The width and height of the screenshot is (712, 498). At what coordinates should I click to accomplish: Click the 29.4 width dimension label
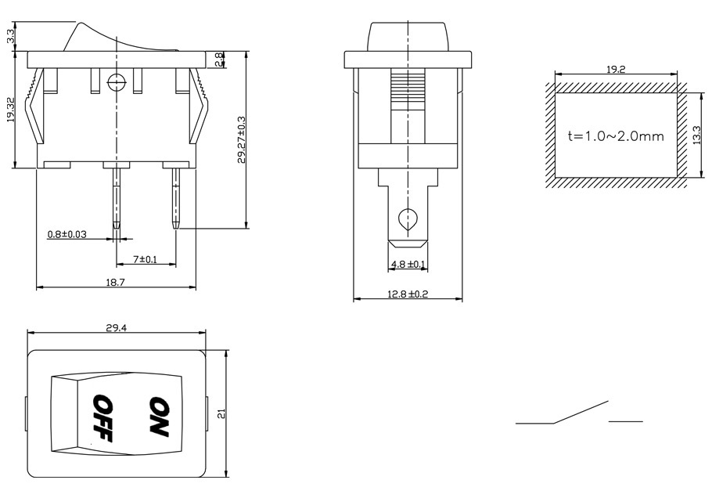[x=116, y=328]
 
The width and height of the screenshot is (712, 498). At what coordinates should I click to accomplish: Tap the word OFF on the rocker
[x=102, y=418]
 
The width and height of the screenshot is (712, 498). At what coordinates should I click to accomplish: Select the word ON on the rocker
[x=159, y=416]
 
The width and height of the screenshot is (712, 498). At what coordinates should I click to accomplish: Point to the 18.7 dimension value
[x=115, y=282]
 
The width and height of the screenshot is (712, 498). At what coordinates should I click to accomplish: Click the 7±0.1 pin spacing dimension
[x=146, y=258]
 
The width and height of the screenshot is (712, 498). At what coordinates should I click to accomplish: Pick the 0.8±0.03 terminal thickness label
[x=67, y=234]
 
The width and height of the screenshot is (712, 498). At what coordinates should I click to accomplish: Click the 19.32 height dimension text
[x=10, y=110]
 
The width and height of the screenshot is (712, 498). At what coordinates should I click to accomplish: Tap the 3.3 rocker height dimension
[x=10, y=36]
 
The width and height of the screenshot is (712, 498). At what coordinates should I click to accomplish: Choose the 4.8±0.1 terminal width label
[x=408, y=265]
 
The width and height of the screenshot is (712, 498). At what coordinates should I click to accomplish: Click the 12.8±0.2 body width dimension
[x=408, y=294]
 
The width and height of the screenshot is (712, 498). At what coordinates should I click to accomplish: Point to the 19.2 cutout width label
[x=616, y=70]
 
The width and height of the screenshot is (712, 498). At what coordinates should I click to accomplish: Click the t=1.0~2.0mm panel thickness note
[x=616, y=135]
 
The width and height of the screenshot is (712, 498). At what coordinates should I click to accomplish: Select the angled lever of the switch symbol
[x=581, y=412]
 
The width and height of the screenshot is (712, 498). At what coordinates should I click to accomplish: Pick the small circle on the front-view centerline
[x=117, y=81]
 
